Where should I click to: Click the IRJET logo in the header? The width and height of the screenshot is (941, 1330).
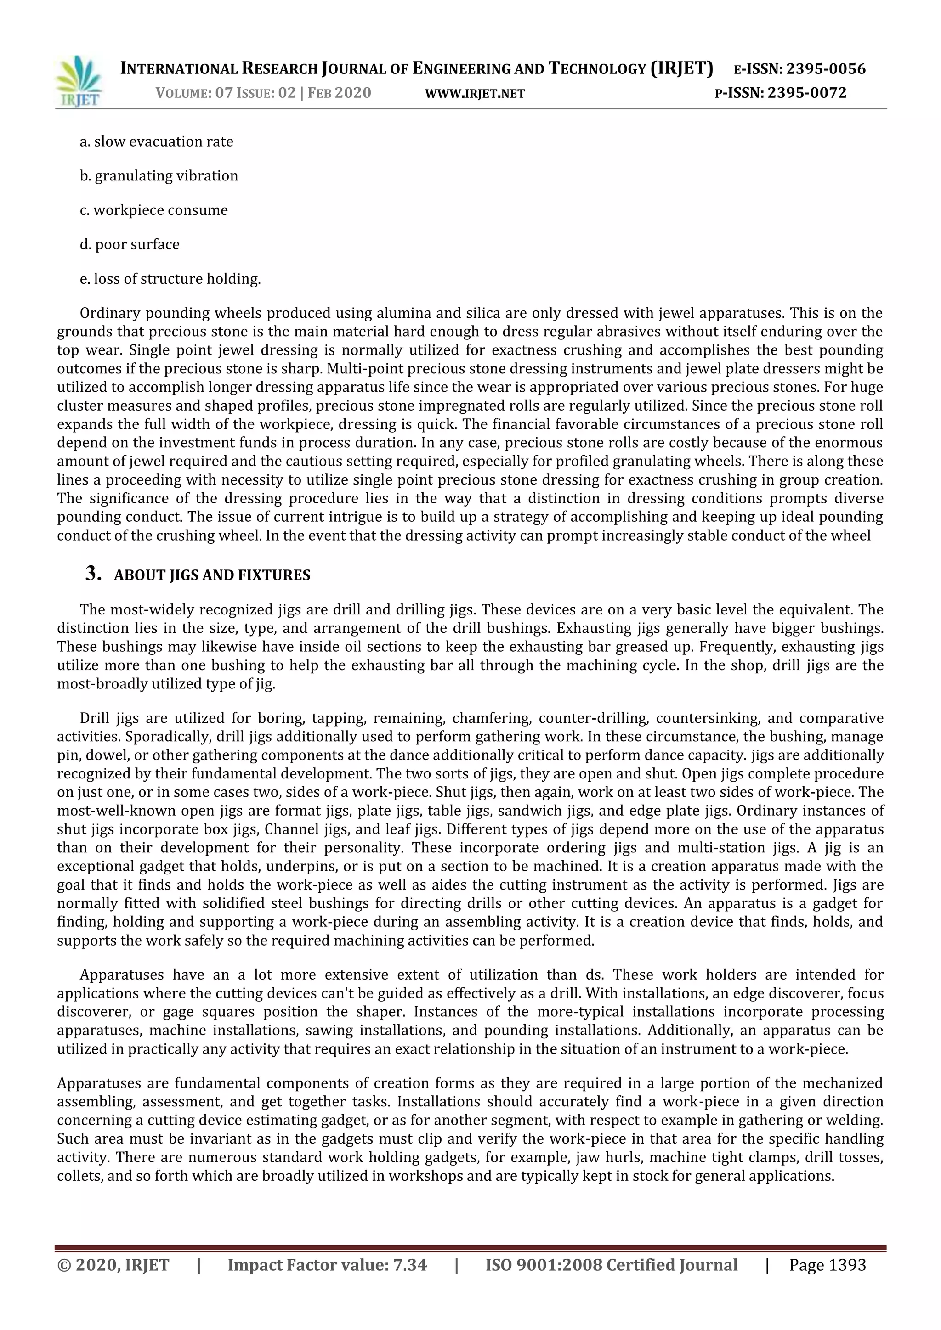point(78,81)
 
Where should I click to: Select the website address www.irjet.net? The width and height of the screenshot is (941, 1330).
point(475,93)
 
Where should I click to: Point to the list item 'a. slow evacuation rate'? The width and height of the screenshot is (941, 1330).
point(156,141)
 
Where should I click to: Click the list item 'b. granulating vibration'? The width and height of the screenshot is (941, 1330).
point(159,175)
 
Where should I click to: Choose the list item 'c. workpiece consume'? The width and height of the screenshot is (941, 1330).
point(153,210)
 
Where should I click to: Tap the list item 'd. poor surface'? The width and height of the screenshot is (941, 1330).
point(129,244)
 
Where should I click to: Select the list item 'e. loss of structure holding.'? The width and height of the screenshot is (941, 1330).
point(170,279)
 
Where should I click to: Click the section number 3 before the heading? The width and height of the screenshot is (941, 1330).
point(93,574)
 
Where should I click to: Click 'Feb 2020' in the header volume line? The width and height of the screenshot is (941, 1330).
point(339,93)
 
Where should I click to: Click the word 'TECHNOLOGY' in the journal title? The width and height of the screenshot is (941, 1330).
point(597,69)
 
